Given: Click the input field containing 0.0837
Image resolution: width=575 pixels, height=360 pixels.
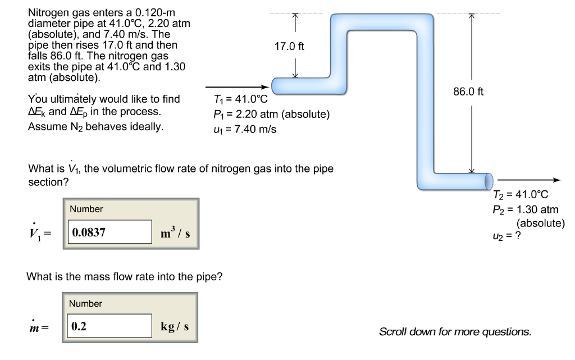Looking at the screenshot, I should (x=111, y=231).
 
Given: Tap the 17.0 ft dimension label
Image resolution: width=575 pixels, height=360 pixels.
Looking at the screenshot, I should (x=290, y=46).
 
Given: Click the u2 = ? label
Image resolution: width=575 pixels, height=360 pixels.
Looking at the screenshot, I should (x=506, y=236).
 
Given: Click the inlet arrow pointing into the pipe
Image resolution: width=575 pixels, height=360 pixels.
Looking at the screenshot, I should (x=236, y=87).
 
